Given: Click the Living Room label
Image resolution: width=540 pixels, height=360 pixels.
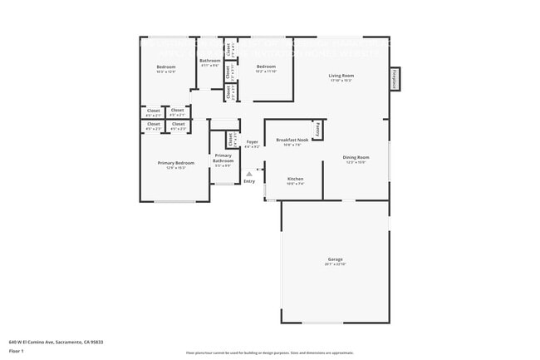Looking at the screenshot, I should [341, 76].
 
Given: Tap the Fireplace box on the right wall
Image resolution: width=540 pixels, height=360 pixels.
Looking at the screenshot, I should [395, 79].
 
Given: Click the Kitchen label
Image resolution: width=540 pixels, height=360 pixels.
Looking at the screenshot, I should [295, 179].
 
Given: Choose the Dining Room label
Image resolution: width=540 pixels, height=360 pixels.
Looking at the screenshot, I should [356, 157].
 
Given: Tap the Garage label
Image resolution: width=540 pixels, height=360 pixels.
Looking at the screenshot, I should [335, 259].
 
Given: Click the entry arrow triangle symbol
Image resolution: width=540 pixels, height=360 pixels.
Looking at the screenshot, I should [248, 174].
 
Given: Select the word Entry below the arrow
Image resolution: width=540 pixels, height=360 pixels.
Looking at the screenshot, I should [249, 181].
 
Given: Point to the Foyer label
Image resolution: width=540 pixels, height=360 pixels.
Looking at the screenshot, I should [252, 142].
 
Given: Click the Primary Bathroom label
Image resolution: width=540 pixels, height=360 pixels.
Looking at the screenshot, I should [223, 158].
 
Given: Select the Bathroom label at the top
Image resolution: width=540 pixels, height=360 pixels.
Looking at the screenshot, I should [209, 61].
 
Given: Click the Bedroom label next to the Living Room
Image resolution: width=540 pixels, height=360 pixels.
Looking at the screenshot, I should [266, 67].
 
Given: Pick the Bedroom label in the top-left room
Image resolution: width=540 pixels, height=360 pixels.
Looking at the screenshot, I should [166, 67].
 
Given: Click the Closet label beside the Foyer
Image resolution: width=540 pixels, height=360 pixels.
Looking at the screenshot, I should [230, 140].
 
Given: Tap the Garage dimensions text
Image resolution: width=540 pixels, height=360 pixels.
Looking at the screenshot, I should [335, 264].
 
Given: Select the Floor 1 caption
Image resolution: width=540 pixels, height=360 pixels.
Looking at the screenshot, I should [16, 351].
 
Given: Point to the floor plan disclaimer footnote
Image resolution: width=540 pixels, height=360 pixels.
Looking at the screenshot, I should [269, 353].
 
